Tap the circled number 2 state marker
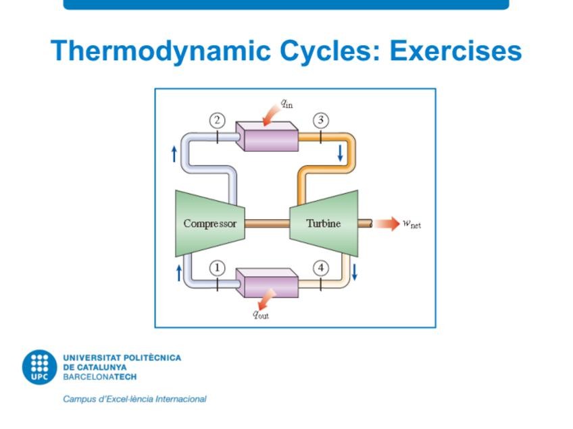tap(217, 121)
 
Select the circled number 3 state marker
tap(321, 121)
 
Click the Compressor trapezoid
tap(209, 223)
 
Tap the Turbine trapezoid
tap(324, 223)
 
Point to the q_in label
tap(287, 104)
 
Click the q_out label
tap(261, 314)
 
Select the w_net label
tap(412, 224)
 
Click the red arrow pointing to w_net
tap(387, 223)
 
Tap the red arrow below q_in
tap(273, 117)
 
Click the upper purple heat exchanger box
tap(268, 138)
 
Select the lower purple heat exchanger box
tap(268, 284)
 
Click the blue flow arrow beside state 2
tap(175, 153)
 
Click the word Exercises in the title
tap(455, 51)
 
